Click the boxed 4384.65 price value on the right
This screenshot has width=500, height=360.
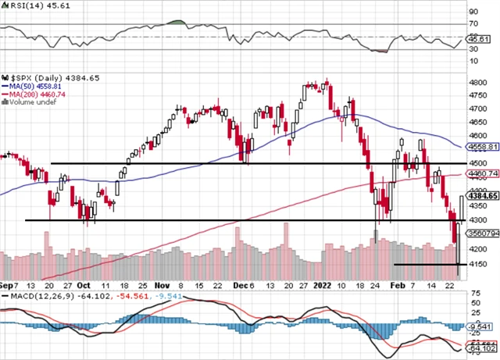point(481,196)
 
